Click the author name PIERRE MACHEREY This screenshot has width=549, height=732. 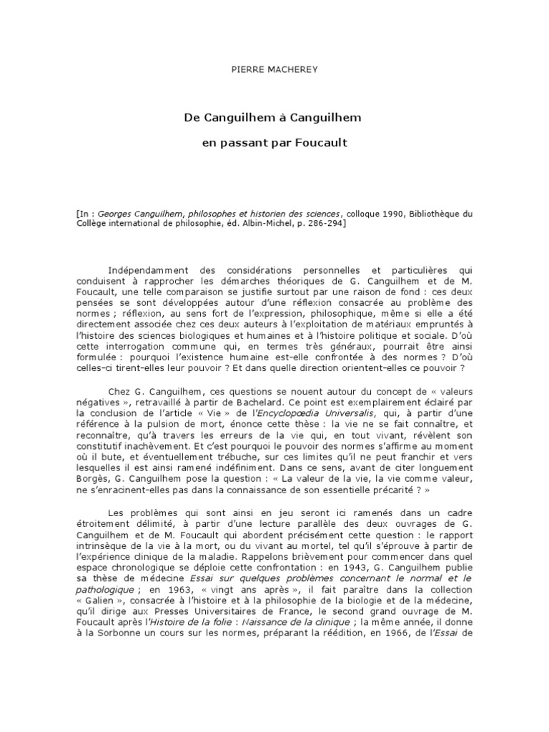pos(274,70)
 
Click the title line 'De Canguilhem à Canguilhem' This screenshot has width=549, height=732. pos(274,117)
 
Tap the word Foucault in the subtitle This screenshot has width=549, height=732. pos(318,143)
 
